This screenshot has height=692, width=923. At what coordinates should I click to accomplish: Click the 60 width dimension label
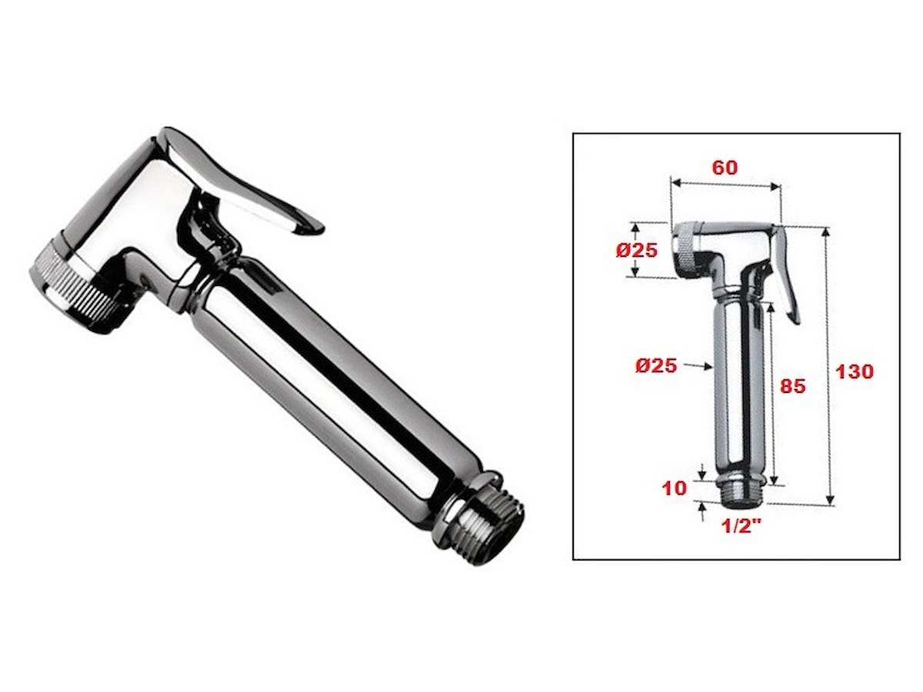pyautogui.click(x=725, y=168)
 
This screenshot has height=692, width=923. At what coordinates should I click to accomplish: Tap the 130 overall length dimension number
pyautogui.click(x=854, y=371)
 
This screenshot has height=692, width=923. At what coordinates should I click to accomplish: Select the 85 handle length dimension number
pyautogui.click(x=793, y=386)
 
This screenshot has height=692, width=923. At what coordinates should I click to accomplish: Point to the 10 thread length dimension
pyautogui.click(x=674, y=488)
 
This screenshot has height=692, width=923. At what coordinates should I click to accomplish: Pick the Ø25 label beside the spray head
pyautogui.click(x=636, y=251)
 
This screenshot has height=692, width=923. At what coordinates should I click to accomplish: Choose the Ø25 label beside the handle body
pyautogui.click(x=656, y=366)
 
